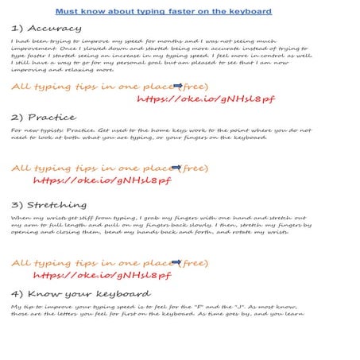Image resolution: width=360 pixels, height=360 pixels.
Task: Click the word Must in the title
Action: pyautogui.click(x=68, y=12)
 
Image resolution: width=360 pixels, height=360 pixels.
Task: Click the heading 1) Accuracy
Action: pyautogui.click(x=46, y=28)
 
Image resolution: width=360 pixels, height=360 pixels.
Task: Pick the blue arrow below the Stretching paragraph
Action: pyautogui.click(x=177, y=262)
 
